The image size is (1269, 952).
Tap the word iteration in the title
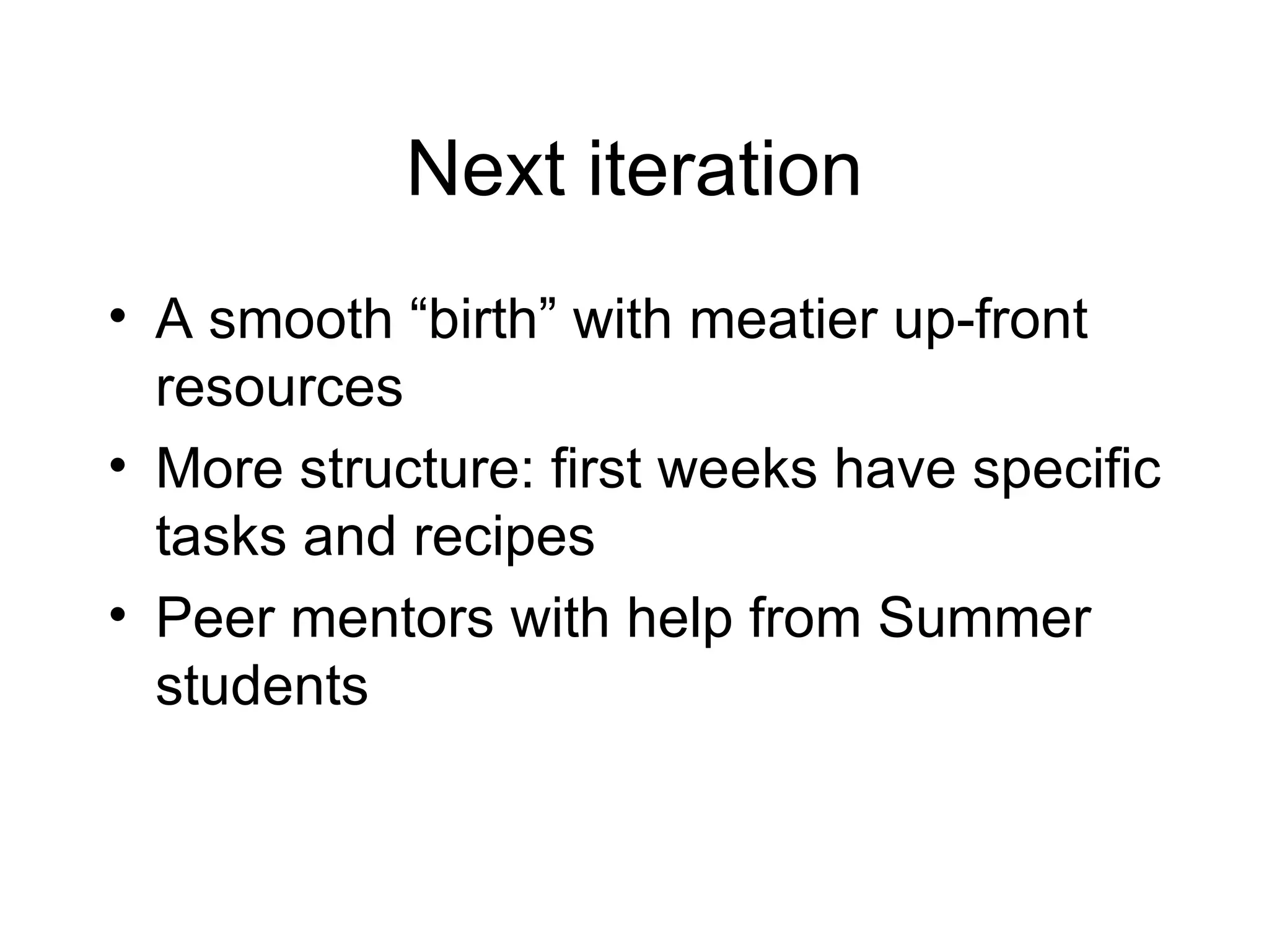724,169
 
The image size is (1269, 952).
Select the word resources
279,389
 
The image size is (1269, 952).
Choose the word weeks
737,469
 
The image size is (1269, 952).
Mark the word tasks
221,536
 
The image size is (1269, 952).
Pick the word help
679,620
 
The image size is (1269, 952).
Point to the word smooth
301,320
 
